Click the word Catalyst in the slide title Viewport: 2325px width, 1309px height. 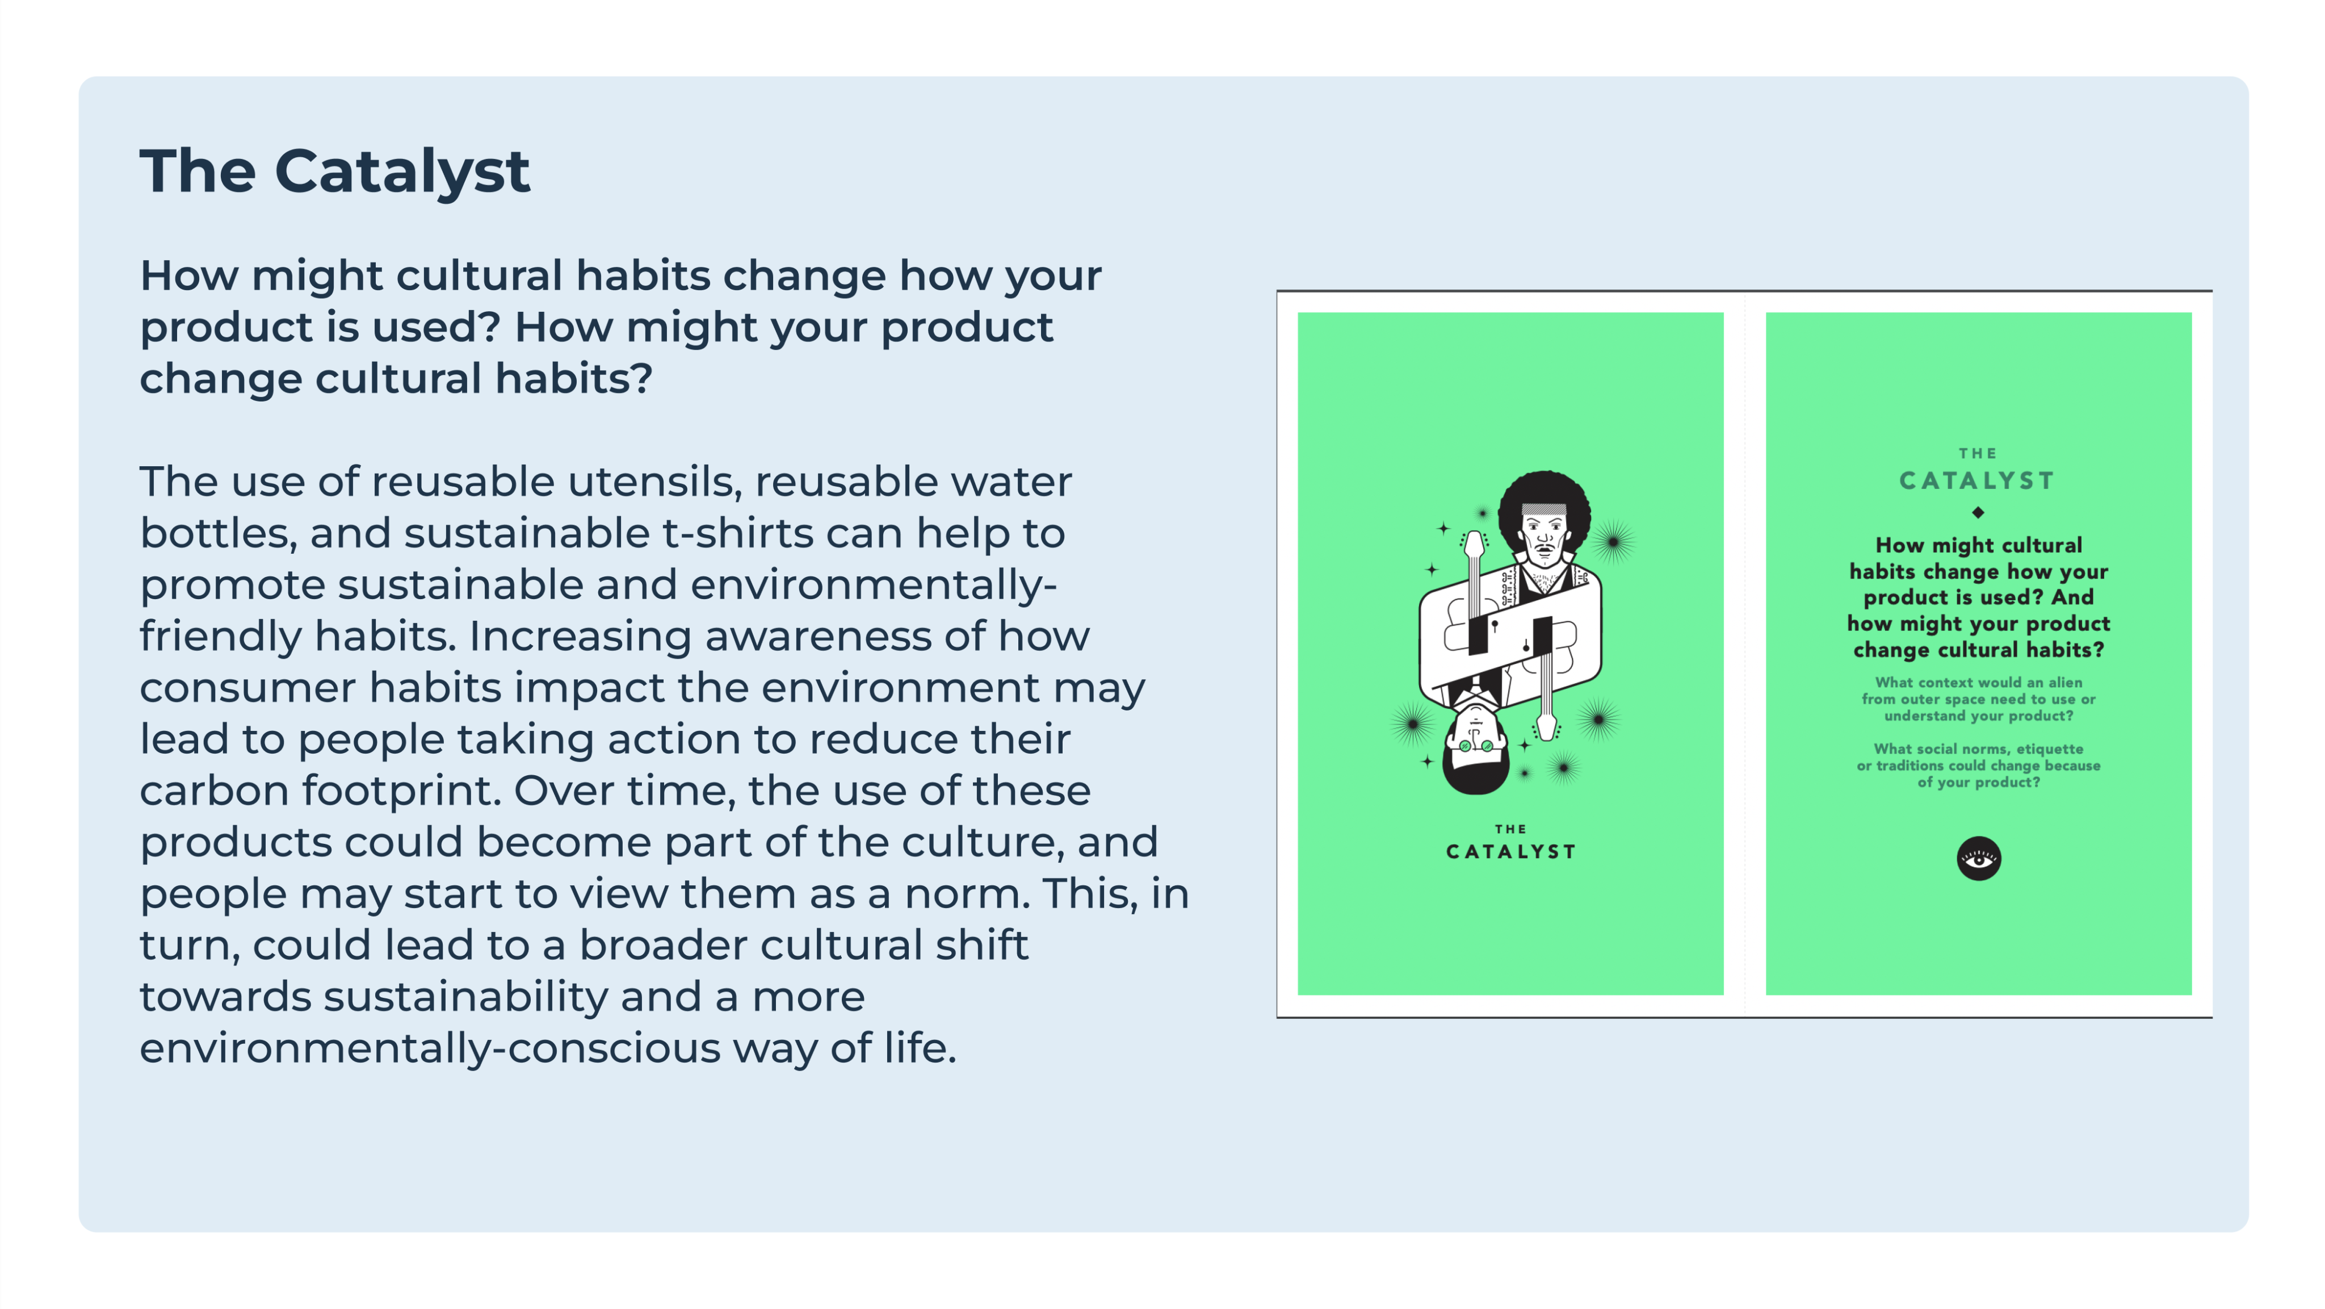(x=402, y=172)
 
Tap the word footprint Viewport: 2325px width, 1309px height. (x=401, y=791)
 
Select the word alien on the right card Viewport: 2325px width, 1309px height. (x=2064, y=683)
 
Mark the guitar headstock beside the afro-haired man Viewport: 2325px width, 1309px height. (x=1474, y=545)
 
